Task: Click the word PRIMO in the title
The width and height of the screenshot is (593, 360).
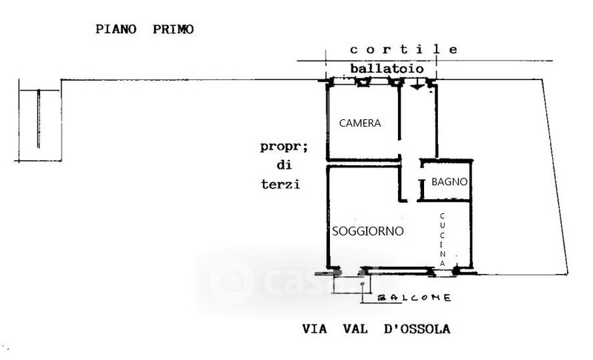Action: pyautogui.click(x=173, y=30)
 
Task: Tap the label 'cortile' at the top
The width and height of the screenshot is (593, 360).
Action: pyautogui.click(x=404, y=50)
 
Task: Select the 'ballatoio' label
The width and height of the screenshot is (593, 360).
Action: pyautogui.click(x=387, y=68)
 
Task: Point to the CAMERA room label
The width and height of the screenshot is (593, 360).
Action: pyautogui.click(x=360, y=124)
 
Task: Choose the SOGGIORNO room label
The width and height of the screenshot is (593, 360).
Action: pyautogui.click(x=368, y=231)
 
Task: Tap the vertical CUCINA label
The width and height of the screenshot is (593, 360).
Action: pyautogui.click(x=443, y=240)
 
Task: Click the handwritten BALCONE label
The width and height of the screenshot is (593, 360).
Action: pyautogui.click(x=415, y=298)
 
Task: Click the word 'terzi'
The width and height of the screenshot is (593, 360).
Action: pyautogui.click(x=280, y=184)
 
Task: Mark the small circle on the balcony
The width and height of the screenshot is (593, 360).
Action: pyautogui.click(x=362, y=284)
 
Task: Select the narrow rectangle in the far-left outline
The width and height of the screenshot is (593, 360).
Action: pyautogui.click(x=39, y=119)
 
